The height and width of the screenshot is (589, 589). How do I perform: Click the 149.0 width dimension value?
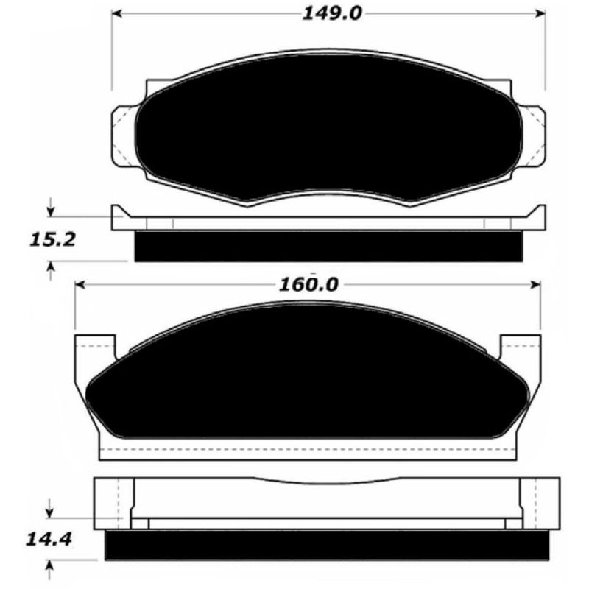(x=331, y=14)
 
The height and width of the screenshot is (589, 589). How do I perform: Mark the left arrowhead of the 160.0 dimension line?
(x=82, y=285)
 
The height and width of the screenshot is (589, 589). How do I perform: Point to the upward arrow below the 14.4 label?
(x=50, y=568)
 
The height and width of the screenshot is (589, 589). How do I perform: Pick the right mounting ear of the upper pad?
(x=533, y=135)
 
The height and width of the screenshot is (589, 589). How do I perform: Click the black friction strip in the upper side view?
(x=328, y=247)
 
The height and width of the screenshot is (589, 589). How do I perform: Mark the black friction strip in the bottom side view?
(x=328, y=544)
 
